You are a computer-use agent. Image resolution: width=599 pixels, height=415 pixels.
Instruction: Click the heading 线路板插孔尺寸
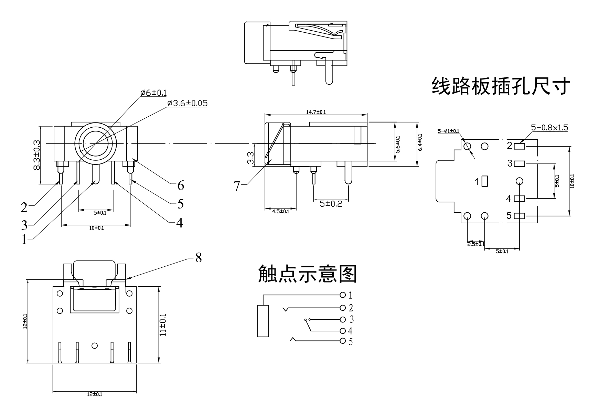[501, 86]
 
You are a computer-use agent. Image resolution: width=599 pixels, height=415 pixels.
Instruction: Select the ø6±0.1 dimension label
[153, 93]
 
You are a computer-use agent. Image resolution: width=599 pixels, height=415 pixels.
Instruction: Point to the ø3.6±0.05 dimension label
[187, 103]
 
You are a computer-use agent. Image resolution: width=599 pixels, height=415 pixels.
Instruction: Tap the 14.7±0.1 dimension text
[316, 112]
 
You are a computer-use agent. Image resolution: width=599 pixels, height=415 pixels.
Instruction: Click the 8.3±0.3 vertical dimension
[37, 155]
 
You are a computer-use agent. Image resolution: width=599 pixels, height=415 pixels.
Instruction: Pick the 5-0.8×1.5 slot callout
[549, 128]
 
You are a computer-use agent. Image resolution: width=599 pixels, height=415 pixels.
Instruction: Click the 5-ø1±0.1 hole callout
[448, 131]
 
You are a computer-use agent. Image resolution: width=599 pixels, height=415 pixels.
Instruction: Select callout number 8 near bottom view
[199, 258]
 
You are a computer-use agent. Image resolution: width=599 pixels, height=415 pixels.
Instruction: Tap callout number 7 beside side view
[237, 186]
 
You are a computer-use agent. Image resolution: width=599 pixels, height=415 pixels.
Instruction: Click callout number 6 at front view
[181, 185]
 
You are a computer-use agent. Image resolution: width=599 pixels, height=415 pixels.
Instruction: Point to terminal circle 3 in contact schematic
[342, 320]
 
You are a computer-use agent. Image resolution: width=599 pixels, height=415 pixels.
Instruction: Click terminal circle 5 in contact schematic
[342, 341]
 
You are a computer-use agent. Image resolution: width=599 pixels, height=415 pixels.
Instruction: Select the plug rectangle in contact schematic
[263, 321]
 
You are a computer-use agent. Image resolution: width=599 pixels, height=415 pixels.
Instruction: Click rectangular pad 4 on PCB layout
[519, 198]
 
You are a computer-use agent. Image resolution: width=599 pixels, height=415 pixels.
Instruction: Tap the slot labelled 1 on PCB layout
[485, 181]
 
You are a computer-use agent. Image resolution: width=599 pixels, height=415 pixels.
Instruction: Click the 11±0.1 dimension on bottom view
[163, 324]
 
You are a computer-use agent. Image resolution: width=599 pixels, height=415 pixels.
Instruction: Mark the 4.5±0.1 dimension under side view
[280, 212]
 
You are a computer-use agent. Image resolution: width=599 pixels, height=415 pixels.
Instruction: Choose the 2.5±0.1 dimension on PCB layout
[476, 244]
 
